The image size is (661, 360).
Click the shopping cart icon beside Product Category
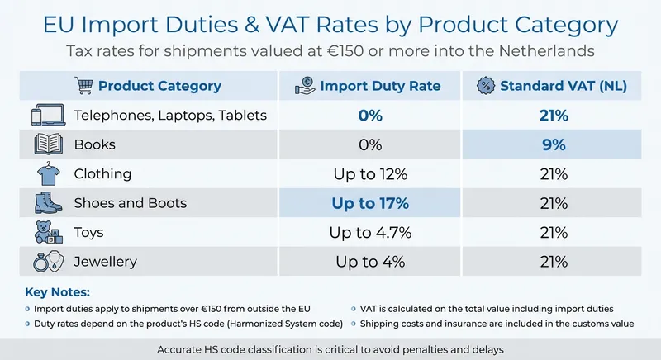pos(83,86)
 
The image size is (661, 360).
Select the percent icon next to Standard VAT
pos(487,86)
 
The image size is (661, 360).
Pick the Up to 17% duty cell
pos(369,203)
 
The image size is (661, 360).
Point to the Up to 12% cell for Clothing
pos(369,174)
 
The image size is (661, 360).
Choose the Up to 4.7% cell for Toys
pos(369,233)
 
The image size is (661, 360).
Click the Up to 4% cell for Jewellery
pos(369,262)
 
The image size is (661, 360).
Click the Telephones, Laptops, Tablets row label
pos(170,115)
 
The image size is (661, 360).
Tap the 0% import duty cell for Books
pos(369,144)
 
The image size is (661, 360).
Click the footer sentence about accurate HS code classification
pos(330,348)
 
